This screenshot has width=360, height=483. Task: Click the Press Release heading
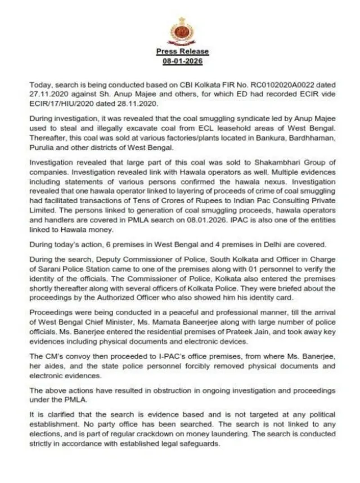coord(182,52)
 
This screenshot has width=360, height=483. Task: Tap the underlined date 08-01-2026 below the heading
coord(182,60)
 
